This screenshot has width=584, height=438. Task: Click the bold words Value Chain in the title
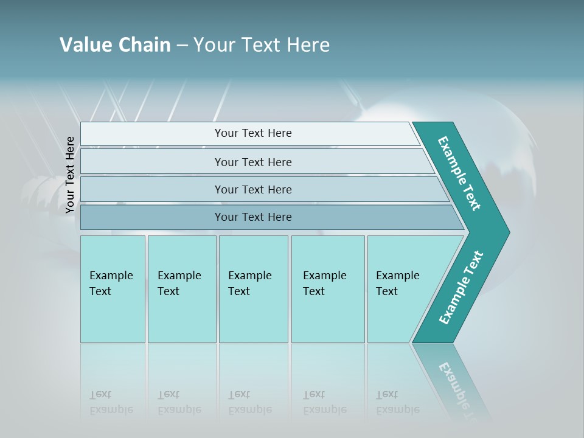point(115,45)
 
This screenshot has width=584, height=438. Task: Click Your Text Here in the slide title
point(262,45)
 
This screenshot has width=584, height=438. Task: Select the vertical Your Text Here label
point(70,175)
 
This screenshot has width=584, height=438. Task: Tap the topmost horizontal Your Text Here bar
point(252,133)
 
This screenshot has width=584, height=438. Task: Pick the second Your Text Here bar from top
point(252,162)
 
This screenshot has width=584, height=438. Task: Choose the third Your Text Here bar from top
point(252,189)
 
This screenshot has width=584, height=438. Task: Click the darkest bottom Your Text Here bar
point(252,217)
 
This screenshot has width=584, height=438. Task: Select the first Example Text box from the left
point(113,289)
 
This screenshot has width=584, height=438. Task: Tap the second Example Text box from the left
point(181,289)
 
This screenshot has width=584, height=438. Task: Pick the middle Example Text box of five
point(253,289)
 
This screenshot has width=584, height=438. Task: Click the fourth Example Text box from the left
point(327,289)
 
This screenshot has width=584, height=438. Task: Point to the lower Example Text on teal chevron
point(461,288)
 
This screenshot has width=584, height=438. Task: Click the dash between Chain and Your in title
point(182,46)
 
